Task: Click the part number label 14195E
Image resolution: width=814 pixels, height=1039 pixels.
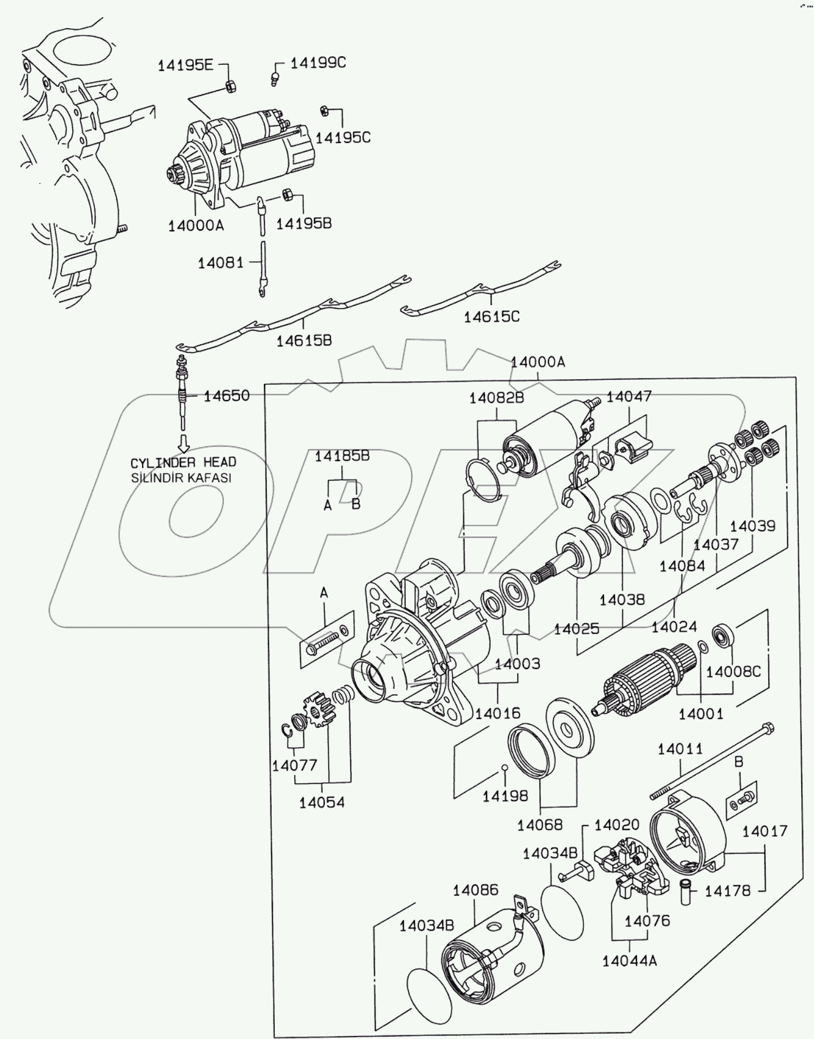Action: coord(186,65)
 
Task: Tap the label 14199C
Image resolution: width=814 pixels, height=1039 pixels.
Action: coord(318,62)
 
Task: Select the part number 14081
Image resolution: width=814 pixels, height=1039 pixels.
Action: coord(220,263)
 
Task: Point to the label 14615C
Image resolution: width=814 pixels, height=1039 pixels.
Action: coord(491,316)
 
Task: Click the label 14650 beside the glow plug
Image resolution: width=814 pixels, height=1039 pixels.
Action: coord(226,396)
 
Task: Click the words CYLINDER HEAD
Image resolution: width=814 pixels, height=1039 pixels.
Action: coord(183,462)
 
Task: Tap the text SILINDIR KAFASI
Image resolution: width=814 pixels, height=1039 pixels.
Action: coord(182,478)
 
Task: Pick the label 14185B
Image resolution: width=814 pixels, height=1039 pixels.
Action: coord(342,456)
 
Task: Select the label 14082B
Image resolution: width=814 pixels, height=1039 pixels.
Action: coord(497,398)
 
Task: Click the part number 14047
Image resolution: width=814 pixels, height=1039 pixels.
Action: coord(629,396)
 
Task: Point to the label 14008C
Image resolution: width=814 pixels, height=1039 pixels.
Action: coord(733,671)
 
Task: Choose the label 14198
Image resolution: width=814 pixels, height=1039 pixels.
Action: coord(505,796)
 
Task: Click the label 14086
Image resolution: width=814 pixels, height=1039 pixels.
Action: coord(476,890)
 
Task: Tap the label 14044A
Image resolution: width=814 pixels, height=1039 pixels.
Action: coord(629,960)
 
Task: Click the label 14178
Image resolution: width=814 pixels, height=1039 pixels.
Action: coord(727,891)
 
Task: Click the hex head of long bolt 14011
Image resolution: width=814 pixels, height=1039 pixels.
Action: coord(769,728)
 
